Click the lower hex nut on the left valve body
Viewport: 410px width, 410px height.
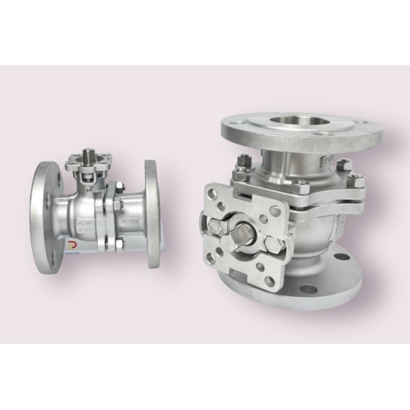pos(118,242)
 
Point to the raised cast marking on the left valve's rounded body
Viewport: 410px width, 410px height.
pos(84,225)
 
